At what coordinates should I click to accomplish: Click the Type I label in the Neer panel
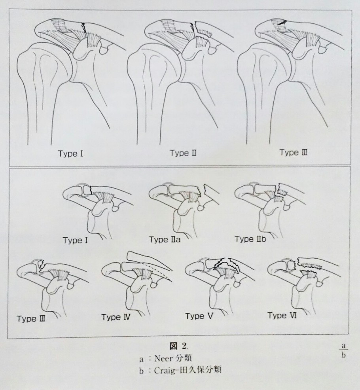[70, 153]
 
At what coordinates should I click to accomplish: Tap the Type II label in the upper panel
[183, 153]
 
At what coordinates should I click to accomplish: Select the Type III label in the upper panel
[294, 152]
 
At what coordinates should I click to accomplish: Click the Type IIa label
[165, 240]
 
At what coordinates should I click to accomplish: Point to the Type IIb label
[250, 239]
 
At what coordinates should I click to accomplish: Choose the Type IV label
[116, 317]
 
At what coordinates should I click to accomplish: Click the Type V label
[199, 316]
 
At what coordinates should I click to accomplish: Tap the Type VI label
[282, 315]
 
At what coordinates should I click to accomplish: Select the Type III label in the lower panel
[31, 319]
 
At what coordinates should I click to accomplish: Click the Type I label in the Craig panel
[75, 240]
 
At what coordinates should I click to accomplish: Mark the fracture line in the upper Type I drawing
[84, 28]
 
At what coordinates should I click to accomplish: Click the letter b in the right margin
[343, 355]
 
